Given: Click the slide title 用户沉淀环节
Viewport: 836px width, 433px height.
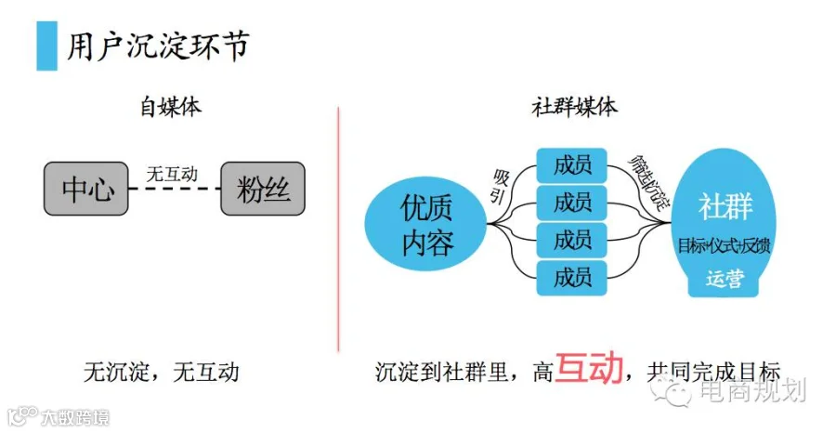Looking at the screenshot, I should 157,46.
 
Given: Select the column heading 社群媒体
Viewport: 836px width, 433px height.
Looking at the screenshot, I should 573,107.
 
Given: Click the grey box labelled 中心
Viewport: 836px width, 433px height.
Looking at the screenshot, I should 86,189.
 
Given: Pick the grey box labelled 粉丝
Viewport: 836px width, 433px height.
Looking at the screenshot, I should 263,189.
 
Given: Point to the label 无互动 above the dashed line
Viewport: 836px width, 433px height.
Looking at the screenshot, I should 173,173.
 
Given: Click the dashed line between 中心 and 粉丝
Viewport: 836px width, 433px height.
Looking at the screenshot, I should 175,189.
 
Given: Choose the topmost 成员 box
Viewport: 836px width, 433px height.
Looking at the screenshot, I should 571,166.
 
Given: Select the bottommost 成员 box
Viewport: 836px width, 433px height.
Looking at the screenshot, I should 571,277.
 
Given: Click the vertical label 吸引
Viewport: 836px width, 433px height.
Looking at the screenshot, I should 502,185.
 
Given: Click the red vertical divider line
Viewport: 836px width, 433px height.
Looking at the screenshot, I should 338,228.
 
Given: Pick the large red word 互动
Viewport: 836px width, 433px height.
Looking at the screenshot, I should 588,369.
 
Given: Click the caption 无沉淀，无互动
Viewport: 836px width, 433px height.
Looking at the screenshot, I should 162,373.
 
